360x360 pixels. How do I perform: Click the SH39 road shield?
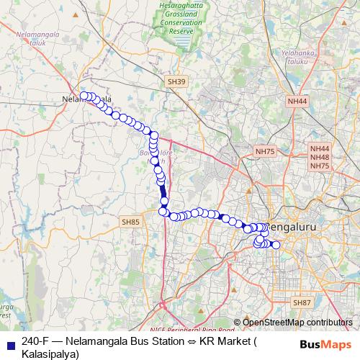click(x=176, y=83)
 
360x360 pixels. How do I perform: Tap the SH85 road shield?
click(x=131, y=222)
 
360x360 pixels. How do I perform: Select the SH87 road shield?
click(x=302, y=303)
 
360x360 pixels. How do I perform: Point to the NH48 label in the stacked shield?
click(x=320, y=157)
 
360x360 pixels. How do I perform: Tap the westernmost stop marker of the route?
click(x=84, y=96)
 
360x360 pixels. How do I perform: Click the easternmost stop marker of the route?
click(x=275, y=245)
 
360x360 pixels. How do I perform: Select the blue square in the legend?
click(x=9, y=341)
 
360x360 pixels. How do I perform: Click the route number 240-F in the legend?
click(x=36, y=341)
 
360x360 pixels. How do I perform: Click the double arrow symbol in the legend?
click(x=189, y=341)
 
